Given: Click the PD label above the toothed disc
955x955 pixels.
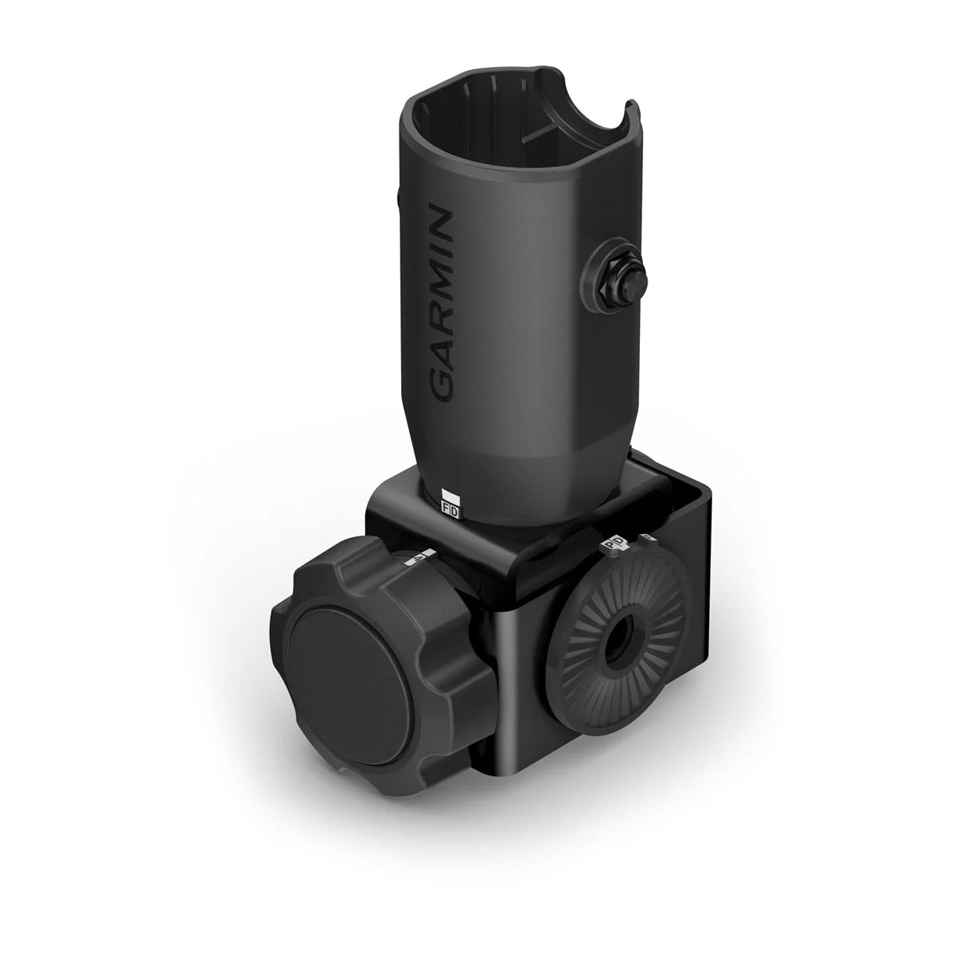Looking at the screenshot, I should tap(614, 544).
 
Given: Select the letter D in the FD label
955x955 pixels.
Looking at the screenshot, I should tap(454, 513).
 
